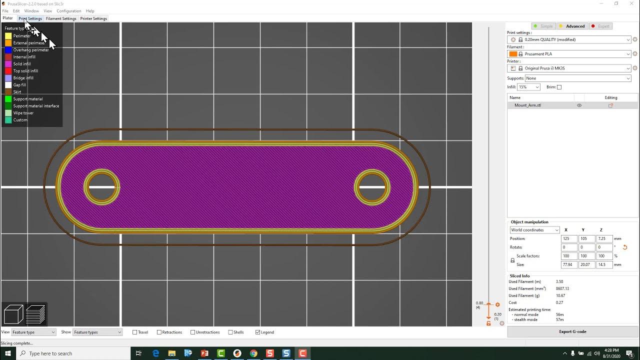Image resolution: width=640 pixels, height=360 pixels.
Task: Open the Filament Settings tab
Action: (x=61, y=18)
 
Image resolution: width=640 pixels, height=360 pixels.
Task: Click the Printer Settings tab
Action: (x=93, y=18)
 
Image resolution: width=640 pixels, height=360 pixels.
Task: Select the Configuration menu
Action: (x=69, y=11)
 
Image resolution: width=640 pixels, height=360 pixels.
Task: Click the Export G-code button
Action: (x=572, y=331)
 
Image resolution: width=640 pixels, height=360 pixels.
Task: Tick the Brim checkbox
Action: (x=559, y=87)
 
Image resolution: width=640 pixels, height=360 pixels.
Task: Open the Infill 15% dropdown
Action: (x=529, y=87)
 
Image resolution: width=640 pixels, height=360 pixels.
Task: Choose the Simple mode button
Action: (x=543, y=26)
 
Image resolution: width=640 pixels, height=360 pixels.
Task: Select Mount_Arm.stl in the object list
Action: (x=528, y=105)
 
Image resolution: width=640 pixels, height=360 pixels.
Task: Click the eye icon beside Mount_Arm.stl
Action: (x=579, y=105)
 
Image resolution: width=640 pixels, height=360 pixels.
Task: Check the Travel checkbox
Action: (x=135, y=332)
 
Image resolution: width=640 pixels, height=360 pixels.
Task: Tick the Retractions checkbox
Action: (x=159, y=332)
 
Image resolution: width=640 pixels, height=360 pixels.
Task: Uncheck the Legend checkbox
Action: (x=258, y=332)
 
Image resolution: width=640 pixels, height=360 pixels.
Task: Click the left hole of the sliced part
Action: (x=101, y=187)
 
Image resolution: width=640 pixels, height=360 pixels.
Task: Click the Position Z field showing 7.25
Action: (x=604, y=238)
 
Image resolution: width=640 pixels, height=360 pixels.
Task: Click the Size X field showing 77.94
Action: (x=568, y=264)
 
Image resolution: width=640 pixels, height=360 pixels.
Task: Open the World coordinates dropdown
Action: (x=534, y=230)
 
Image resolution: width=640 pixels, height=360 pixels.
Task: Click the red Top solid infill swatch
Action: (x=8, y=71)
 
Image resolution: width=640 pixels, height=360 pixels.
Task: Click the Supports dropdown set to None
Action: (x=578, y=78)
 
